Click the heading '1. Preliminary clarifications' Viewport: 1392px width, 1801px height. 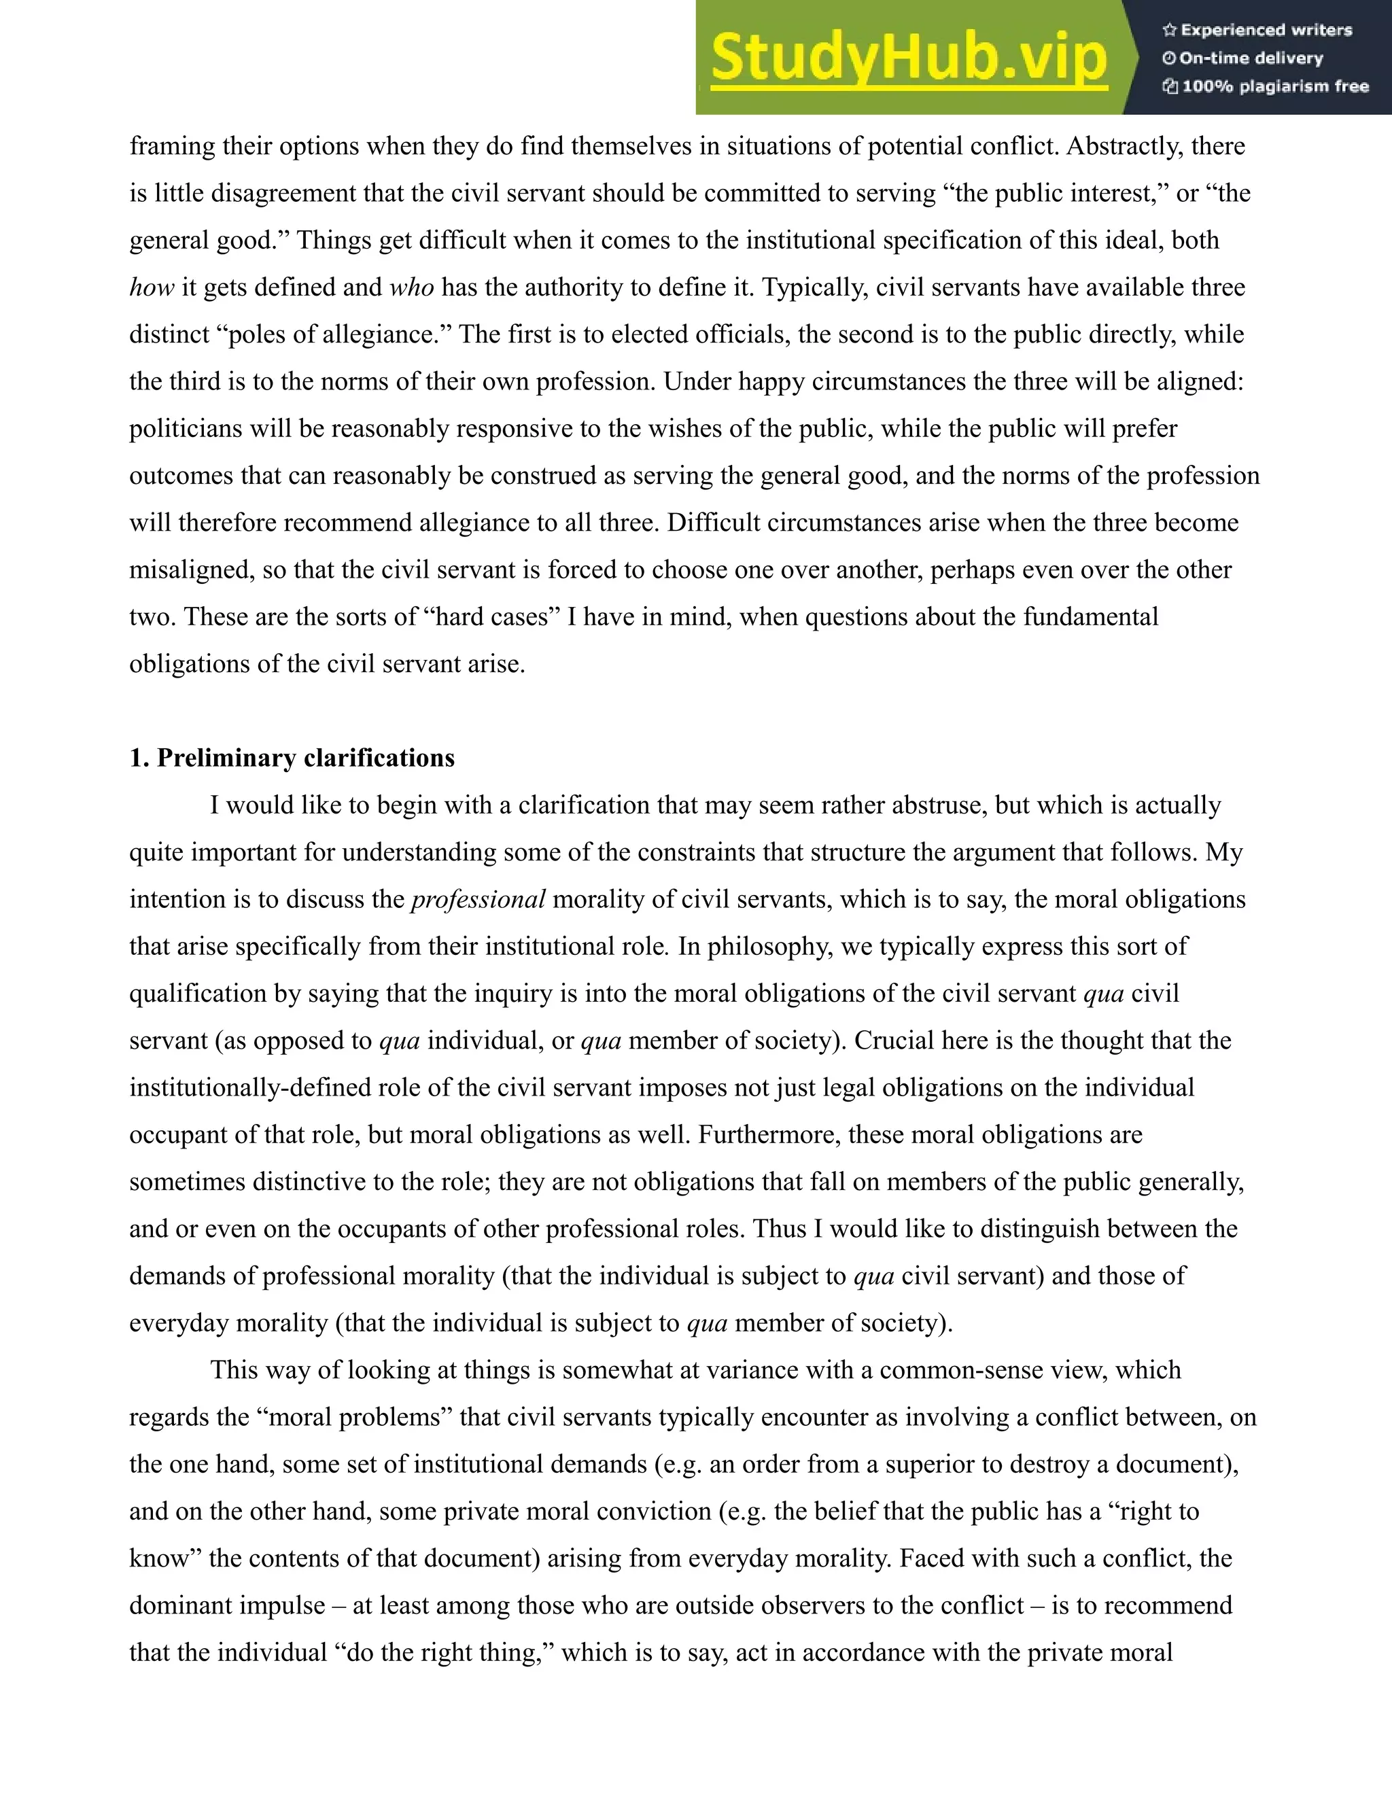(x=292, y=758)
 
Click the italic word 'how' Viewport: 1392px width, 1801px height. (x=151, y=287)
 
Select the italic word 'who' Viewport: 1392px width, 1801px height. (x=411, y=287)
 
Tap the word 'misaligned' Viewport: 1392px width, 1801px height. (x=190, y=570)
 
